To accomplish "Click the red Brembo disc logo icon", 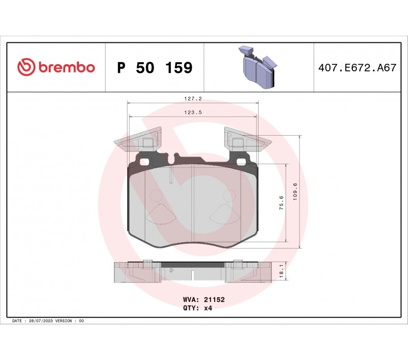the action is (x=26, y=67).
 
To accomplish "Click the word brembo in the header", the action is (x=67, y=67).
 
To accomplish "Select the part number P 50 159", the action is (x=155, y=68).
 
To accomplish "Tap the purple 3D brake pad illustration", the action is (x=258, y=67).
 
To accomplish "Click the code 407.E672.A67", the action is (x=358, y=68).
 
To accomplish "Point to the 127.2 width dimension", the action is (x=193, y=99).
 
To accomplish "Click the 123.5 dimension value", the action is (x=193, y=112).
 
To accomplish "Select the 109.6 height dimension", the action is (x=295, y=192).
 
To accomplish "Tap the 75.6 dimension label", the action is (x=282, y=203).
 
